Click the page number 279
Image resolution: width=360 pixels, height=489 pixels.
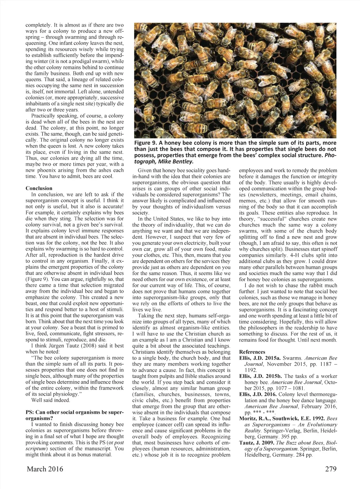point(328,469)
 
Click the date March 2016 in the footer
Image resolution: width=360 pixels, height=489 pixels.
point(45,469)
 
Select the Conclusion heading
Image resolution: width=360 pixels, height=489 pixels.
point(39,188)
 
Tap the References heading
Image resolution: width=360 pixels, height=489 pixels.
point(252,352)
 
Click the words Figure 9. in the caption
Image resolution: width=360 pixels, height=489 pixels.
point(145,143)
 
